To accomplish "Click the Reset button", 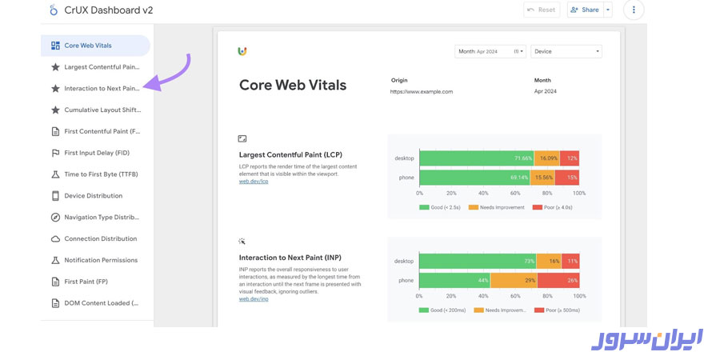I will pyautogui.click(x=542, y=10).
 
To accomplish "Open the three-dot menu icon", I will pyautogui.click(x=634, y=10).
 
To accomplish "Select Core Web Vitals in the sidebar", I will pyautogui.click(x=95, y=46).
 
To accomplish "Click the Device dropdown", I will pyautogui.click(x=566, y=51).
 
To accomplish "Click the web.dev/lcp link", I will pyautogui.click(x=254, y=182).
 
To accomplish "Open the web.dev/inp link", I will pyautogui.click(x=254, y=298).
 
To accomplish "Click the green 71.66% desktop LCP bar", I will pyautogui.click(x=476, y=158).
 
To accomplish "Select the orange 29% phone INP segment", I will pyautogui.click(x=514, y=280).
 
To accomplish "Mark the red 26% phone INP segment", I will pyautogui.click(x=558, y=280).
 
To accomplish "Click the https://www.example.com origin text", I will pyautogui.click(x=422, y=91).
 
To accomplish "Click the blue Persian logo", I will pyautogui.click(x=647, y=339).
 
